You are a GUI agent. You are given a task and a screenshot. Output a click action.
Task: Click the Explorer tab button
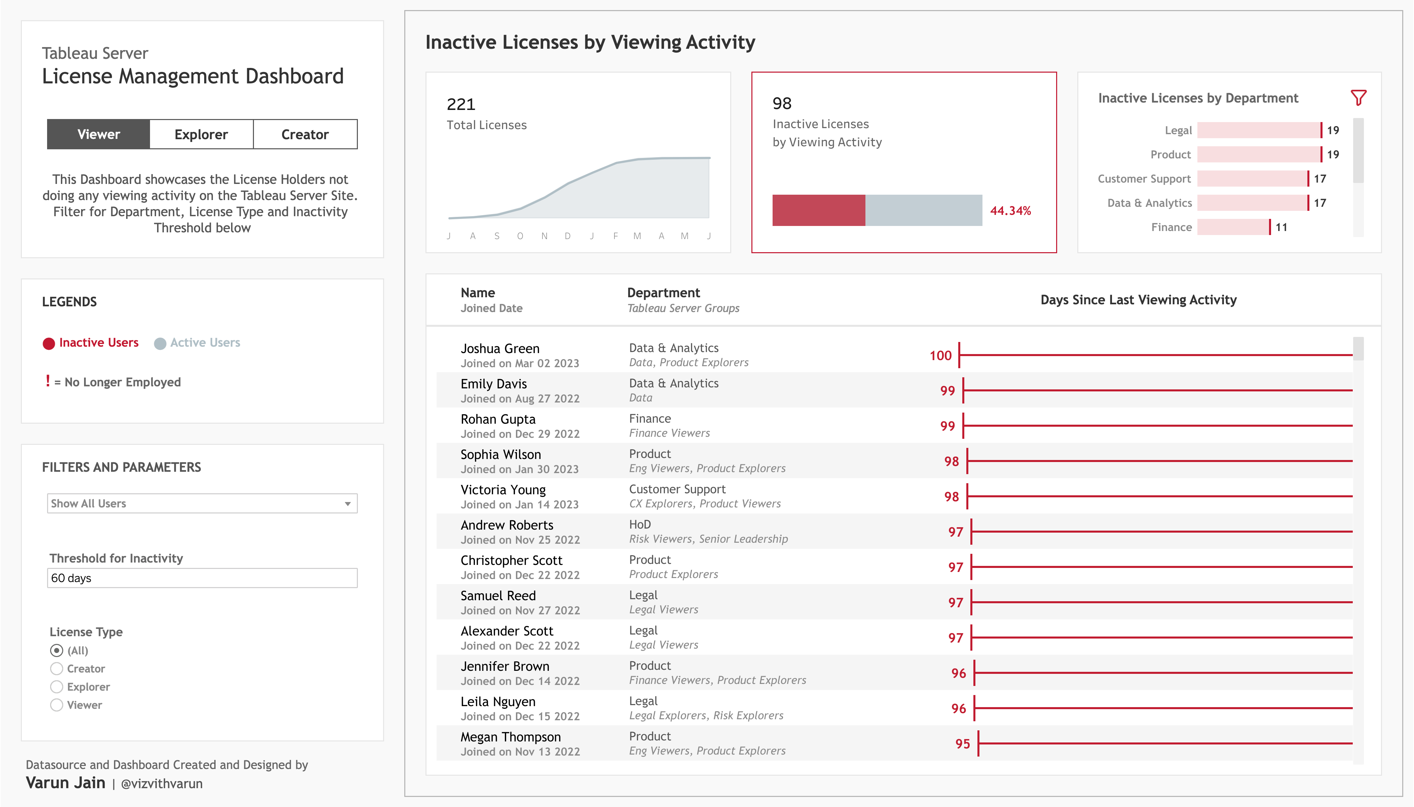pos(201,134)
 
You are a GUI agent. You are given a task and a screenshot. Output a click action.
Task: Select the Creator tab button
pos(305,134)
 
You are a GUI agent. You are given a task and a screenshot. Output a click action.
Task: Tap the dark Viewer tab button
pos(99,134)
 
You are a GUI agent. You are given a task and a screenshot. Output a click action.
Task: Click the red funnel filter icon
pos(1358,98)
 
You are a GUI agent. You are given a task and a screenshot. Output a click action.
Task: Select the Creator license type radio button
pos(57,668)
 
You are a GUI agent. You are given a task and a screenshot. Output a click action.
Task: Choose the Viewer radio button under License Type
pos(57,705)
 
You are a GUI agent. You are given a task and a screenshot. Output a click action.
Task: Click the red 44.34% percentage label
pos(1010,210)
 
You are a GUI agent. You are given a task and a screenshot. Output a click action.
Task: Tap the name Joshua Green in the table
pos(499,349)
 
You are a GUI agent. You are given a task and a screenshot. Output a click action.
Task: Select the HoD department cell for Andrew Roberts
pos(640,524)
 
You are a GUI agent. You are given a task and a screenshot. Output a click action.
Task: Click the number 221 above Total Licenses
pos(460,104)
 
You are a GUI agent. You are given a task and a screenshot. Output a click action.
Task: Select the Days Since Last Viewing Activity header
pos(1138,300)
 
